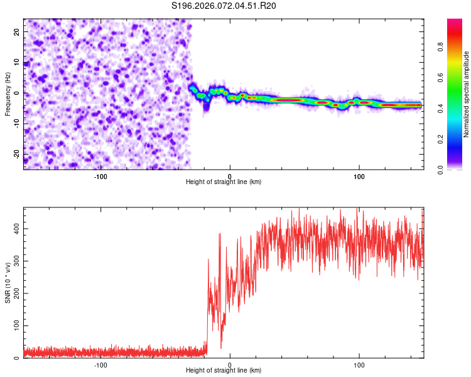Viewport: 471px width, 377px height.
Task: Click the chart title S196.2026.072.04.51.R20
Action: pos(224,6)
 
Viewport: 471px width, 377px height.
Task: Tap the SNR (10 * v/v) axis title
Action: pos(8,283)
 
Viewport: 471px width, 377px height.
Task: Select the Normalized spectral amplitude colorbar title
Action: pos(467,94)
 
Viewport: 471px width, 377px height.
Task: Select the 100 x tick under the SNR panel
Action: pos(359,364)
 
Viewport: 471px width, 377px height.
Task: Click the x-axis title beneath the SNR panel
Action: pos(224,371)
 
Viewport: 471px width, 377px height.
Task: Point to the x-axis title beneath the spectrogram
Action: pos(224,182)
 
